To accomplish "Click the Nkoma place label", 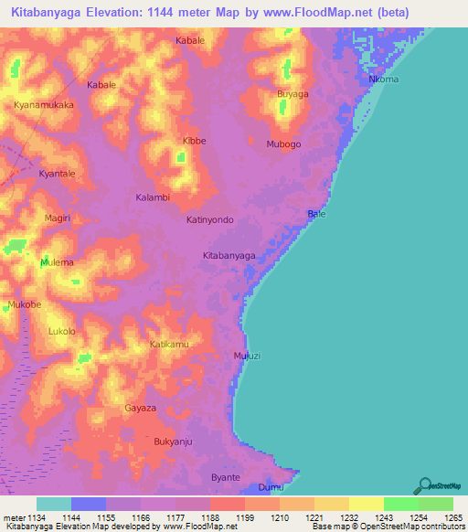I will [x=383, y=80].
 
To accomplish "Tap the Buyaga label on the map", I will [x=292, y=94].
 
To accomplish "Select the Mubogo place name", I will [x=283, y=144].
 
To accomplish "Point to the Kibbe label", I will [x=195, y=142].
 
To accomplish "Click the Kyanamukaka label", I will [x=44, y=105].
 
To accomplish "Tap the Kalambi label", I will [x=153, y=197].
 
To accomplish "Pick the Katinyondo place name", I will [x=210, y=220].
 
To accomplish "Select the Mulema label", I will [x=57, y=262].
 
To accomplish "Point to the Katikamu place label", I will [x=169, y=345].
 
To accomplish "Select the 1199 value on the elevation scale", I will [x=245, y=516].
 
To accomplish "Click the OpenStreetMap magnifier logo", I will [x=423, y=486].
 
